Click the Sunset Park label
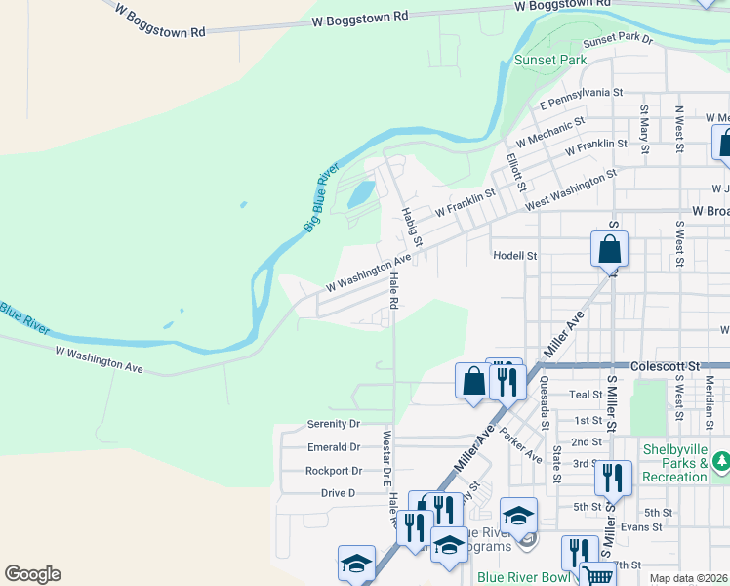pyautogui.click(x=550, y=60)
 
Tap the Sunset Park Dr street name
pyautogui.click(x=617, y=39)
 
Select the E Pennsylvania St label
pyautogui.click(x=581, y=97)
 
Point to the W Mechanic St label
pyautogui.click(x=550, y=132)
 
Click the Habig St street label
pyautogui.click(x=411, y=226)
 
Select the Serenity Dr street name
pyautogui.click(x=333, y=424)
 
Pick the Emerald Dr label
pyautogui.click(x=333, y=447)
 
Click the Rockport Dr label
pyautogui.click(x=333, y=470)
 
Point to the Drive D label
pyautogui.click(x=338, y=493)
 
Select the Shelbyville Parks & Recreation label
pyautogui.click(x=674, y=463)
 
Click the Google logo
pyautogui.click(x=32, y=574)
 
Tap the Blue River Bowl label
pyautogui.click(x=523, y=577)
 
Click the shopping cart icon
pyautogui.click(x=597, y=576)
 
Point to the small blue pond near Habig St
pyautogui.click(x=359, y=192)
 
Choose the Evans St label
pyautogui.click(x=641, y=527)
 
